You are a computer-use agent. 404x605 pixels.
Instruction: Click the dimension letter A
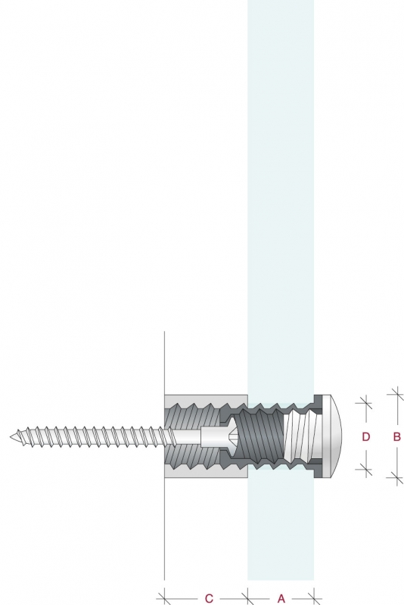pos(281,598)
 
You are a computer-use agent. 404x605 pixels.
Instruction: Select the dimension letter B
pos(396,437)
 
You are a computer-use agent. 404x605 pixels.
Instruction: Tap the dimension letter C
pos(209,598)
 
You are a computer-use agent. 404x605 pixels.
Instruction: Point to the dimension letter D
pos(366,437)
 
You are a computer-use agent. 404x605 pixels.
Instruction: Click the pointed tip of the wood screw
pos(11,437)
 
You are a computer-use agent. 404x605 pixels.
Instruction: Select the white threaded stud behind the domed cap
pos(302,436)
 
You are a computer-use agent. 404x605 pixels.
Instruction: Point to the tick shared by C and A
pos(247,599)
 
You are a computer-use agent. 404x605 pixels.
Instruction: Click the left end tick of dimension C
pos(164,599)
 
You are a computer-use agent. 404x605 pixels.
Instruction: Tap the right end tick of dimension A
pos(314,599)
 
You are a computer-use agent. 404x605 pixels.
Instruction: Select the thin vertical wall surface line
pos(164,455)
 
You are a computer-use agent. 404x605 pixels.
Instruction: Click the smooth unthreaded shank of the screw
pos(187,437)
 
